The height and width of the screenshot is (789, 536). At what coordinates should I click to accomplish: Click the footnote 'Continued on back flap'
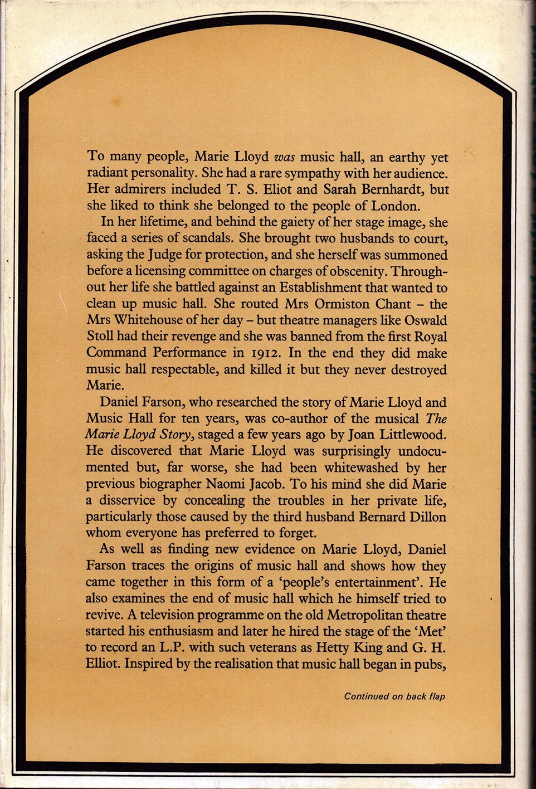pos(394,696)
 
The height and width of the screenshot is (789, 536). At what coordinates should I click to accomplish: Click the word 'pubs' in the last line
pos(431,665)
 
